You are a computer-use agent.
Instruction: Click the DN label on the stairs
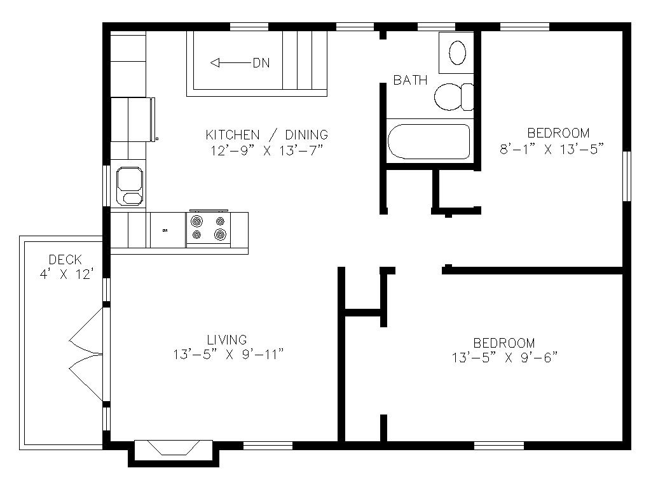point(261,63)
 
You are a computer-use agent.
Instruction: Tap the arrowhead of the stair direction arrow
point(214,63)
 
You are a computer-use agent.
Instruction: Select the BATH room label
point(410,80)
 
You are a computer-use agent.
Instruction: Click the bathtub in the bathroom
point(429,141)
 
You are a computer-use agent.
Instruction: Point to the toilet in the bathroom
point(453,97)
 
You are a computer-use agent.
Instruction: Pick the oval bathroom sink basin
point(457,53)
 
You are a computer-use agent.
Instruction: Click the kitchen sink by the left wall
point(130,186)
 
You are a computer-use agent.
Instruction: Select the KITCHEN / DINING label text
point(267,135)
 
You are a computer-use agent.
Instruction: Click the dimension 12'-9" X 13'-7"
point(267,150)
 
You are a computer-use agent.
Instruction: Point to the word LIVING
point(227,340)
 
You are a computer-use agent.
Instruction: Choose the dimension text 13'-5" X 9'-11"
point(228,354)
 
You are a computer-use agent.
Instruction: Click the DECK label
point(65,260)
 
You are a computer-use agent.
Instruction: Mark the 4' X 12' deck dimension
point(65,274)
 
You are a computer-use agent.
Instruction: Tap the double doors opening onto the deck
point(86,355)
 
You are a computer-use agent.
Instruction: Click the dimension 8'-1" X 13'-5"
point(552,149)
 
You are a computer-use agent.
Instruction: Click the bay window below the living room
point(174,453)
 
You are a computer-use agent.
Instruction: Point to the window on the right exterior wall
point(627,176)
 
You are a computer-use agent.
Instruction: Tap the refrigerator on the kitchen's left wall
point(133,120)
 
